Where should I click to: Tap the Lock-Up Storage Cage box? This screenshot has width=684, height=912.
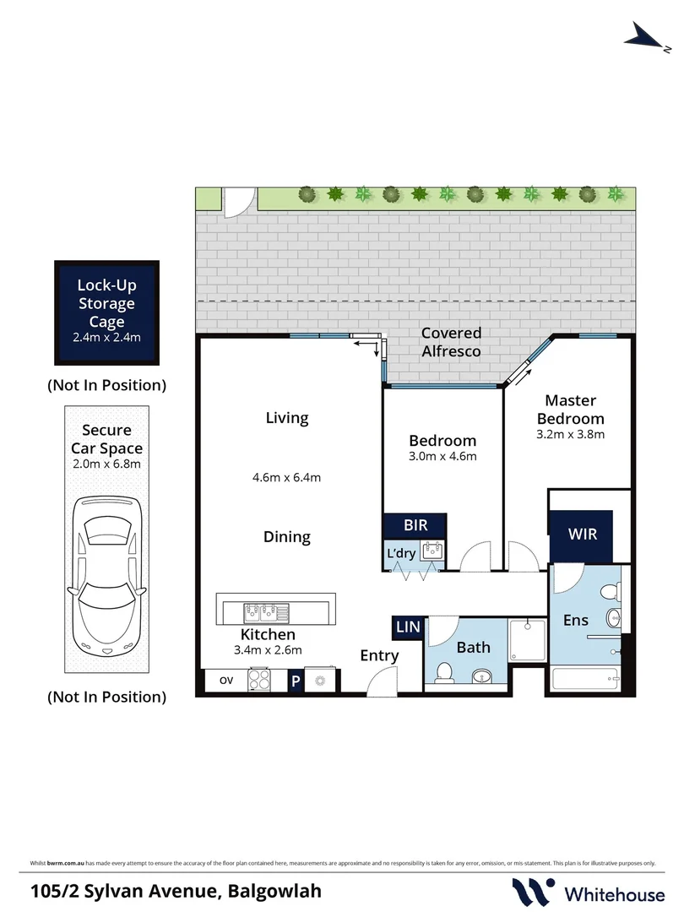(x=107, y=312)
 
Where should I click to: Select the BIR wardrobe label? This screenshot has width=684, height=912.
(x=415, y=525)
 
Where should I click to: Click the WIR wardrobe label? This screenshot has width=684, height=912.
(x=581, y=535)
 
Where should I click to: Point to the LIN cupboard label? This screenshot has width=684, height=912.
(x=407, y=627)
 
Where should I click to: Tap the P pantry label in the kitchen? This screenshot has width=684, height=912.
(x=296, y=681)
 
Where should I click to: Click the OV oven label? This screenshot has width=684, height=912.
(x=226, y=680)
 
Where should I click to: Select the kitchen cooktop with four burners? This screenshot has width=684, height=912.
(x=261, y=681)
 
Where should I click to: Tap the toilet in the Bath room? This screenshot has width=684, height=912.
(x=444, y=673)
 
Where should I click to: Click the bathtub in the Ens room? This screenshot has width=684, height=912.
(x=586, y=679)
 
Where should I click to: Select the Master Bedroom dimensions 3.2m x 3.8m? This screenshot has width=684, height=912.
(x=570, y=435)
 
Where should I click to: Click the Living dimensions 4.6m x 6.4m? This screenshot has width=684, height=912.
(x=287, y=477)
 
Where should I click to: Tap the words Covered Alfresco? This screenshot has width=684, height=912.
(x=451, y=342)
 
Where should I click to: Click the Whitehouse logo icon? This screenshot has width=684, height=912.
(x=534, y=891)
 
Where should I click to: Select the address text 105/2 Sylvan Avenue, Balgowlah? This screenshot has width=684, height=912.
(x=176, y=890)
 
